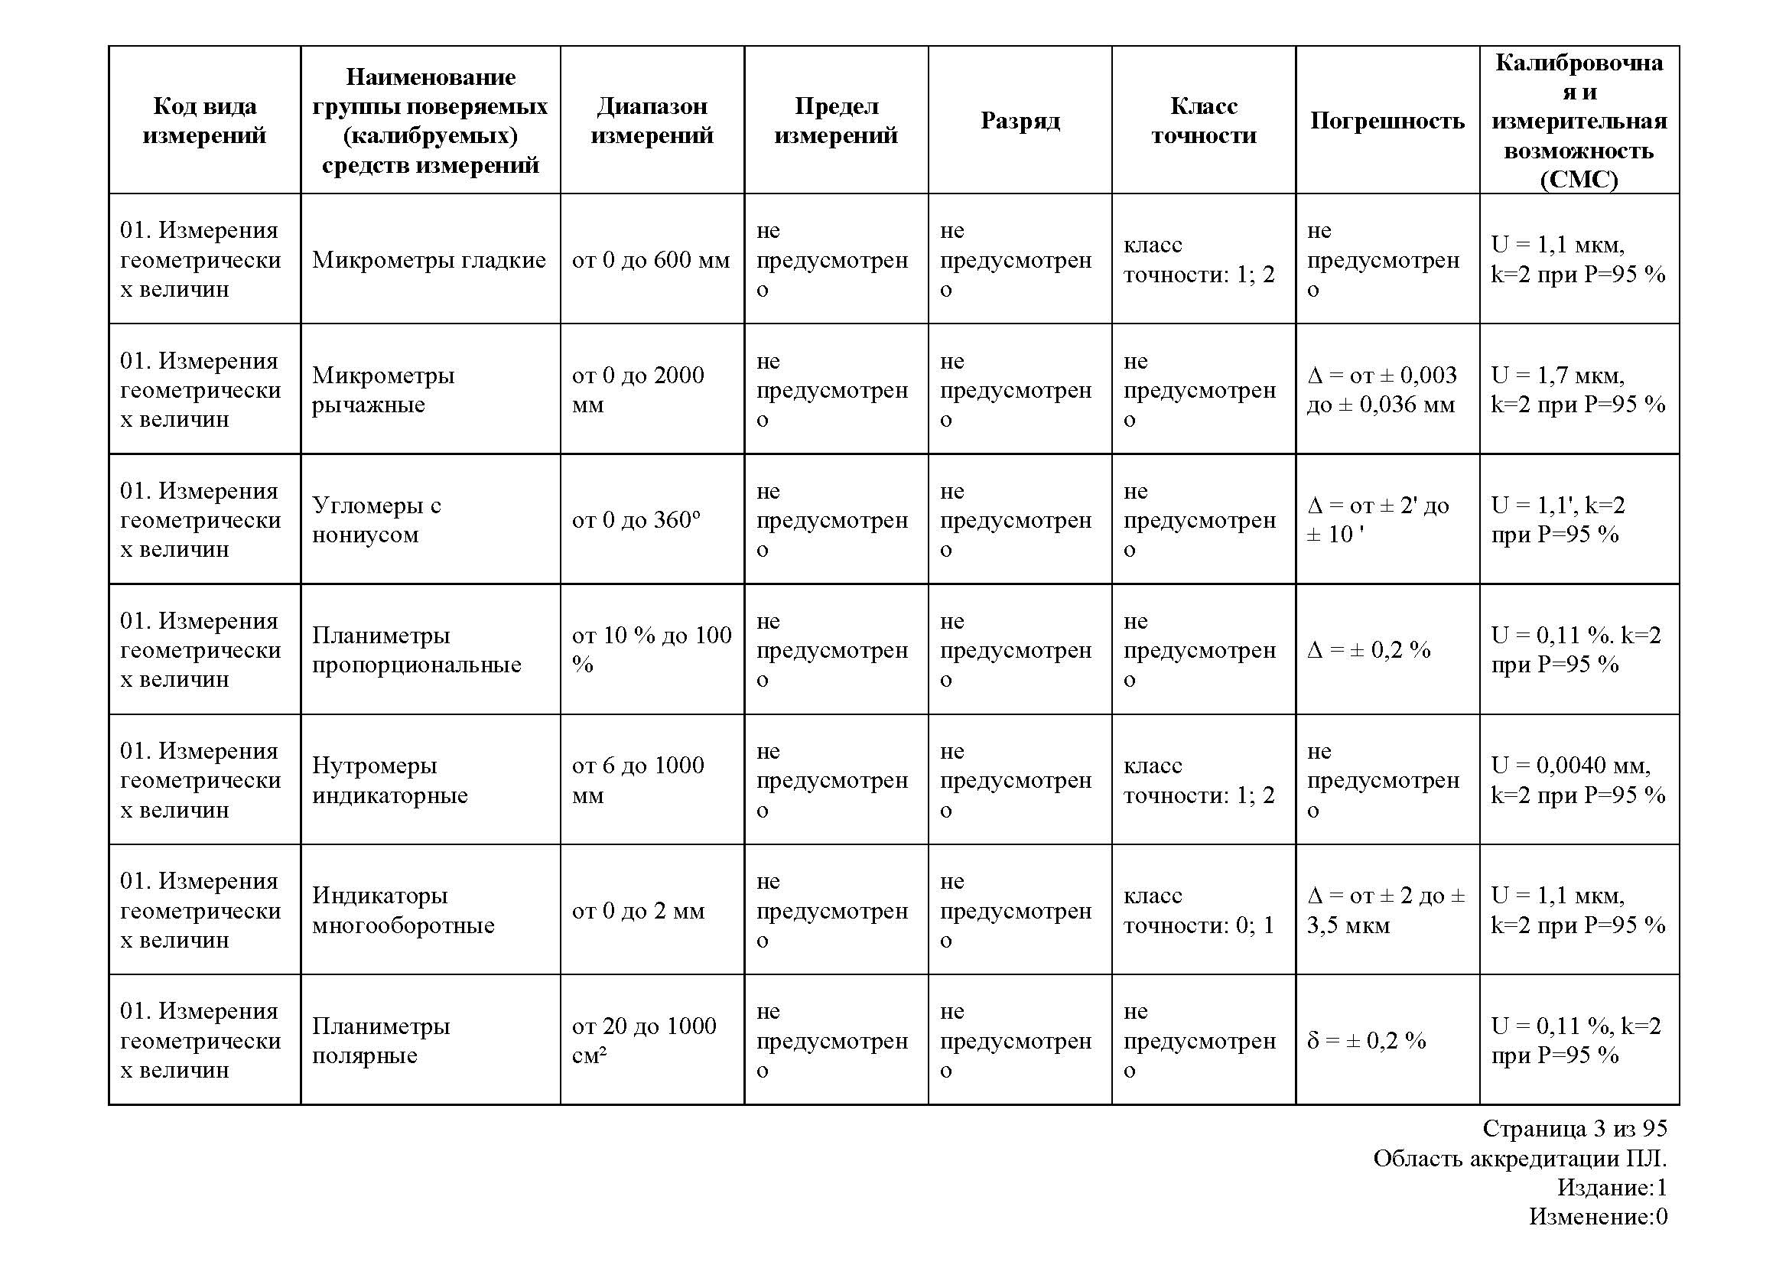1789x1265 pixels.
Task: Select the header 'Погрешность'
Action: coord(1387,121)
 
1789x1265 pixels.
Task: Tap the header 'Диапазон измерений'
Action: coord(652,121)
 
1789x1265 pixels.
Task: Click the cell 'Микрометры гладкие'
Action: coord(428,260)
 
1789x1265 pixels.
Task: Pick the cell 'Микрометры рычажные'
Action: coord(383,389)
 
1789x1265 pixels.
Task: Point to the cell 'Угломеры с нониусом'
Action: coord(376,519)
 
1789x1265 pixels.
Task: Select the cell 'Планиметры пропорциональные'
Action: coord(416,649)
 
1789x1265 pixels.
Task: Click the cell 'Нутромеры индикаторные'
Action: coord(389,779)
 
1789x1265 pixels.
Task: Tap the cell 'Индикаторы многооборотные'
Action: coord(403,910)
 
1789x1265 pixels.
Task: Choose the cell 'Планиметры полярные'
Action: coord(381,1040)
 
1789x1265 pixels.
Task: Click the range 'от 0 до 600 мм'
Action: coord(651,260)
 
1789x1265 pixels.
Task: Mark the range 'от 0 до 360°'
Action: coord(636,519)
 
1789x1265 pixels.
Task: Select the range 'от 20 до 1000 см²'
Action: coord(643,1040)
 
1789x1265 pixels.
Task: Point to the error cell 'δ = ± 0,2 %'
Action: coord(1366,1041)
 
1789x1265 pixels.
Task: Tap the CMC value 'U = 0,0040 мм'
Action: coord(1571,766)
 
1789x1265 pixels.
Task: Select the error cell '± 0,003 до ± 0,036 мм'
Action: coord(1381,389)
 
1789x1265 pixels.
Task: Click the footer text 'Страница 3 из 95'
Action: coord(1574,1128)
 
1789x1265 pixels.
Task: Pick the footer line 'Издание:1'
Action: coord(1612,1187)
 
